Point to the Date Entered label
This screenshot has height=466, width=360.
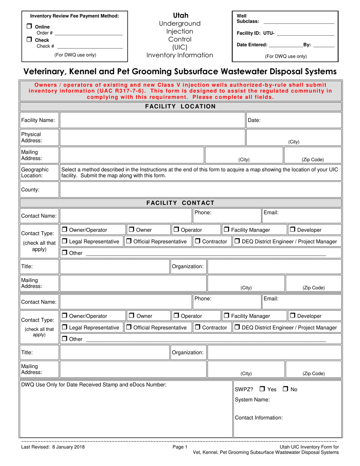coord(252,45)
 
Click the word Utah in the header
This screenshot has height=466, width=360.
coord(180,16)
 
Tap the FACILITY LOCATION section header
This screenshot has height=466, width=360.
coord(180,106)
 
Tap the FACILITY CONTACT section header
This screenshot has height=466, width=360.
coord(180,203)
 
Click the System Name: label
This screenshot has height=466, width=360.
coord(252,400)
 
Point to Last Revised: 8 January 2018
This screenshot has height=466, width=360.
coord(53,447)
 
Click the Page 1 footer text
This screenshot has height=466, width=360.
coord(180,447)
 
